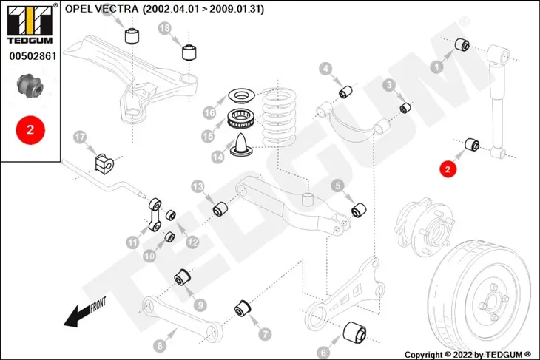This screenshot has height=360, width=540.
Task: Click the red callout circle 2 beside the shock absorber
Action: coord(448,169)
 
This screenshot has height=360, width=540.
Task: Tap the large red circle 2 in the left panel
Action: coord(30,130)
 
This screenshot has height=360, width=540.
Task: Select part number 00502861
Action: coord(33,56)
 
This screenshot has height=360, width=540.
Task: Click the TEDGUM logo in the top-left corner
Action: coord(30,24)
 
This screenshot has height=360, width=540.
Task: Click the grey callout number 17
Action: coord(80,137)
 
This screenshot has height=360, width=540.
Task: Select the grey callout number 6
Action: coord(323,353)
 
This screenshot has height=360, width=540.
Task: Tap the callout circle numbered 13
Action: coord(198,187)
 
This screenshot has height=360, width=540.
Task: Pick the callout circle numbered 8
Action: coord(160,345)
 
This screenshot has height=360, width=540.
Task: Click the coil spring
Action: coord(280,117)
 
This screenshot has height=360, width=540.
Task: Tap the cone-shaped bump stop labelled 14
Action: coord(242,145)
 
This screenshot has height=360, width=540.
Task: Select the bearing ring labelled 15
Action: coord(241,118)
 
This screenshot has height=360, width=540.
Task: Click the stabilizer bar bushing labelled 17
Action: coord(104,163)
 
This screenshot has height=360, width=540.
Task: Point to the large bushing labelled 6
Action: coord(355,333)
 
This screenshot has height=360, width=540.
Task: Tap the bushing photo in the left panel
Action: coord(30,85)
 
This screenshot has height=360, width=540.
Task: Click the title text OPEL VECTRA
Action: coord(101,9)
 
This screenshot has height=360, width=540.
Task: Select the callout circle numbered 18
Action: coord(165,28)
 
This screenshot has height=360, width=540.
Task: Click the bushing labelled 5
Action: coord(359,210)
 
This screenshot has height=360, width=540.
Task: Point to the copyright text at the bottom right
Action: coord(468,355)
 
